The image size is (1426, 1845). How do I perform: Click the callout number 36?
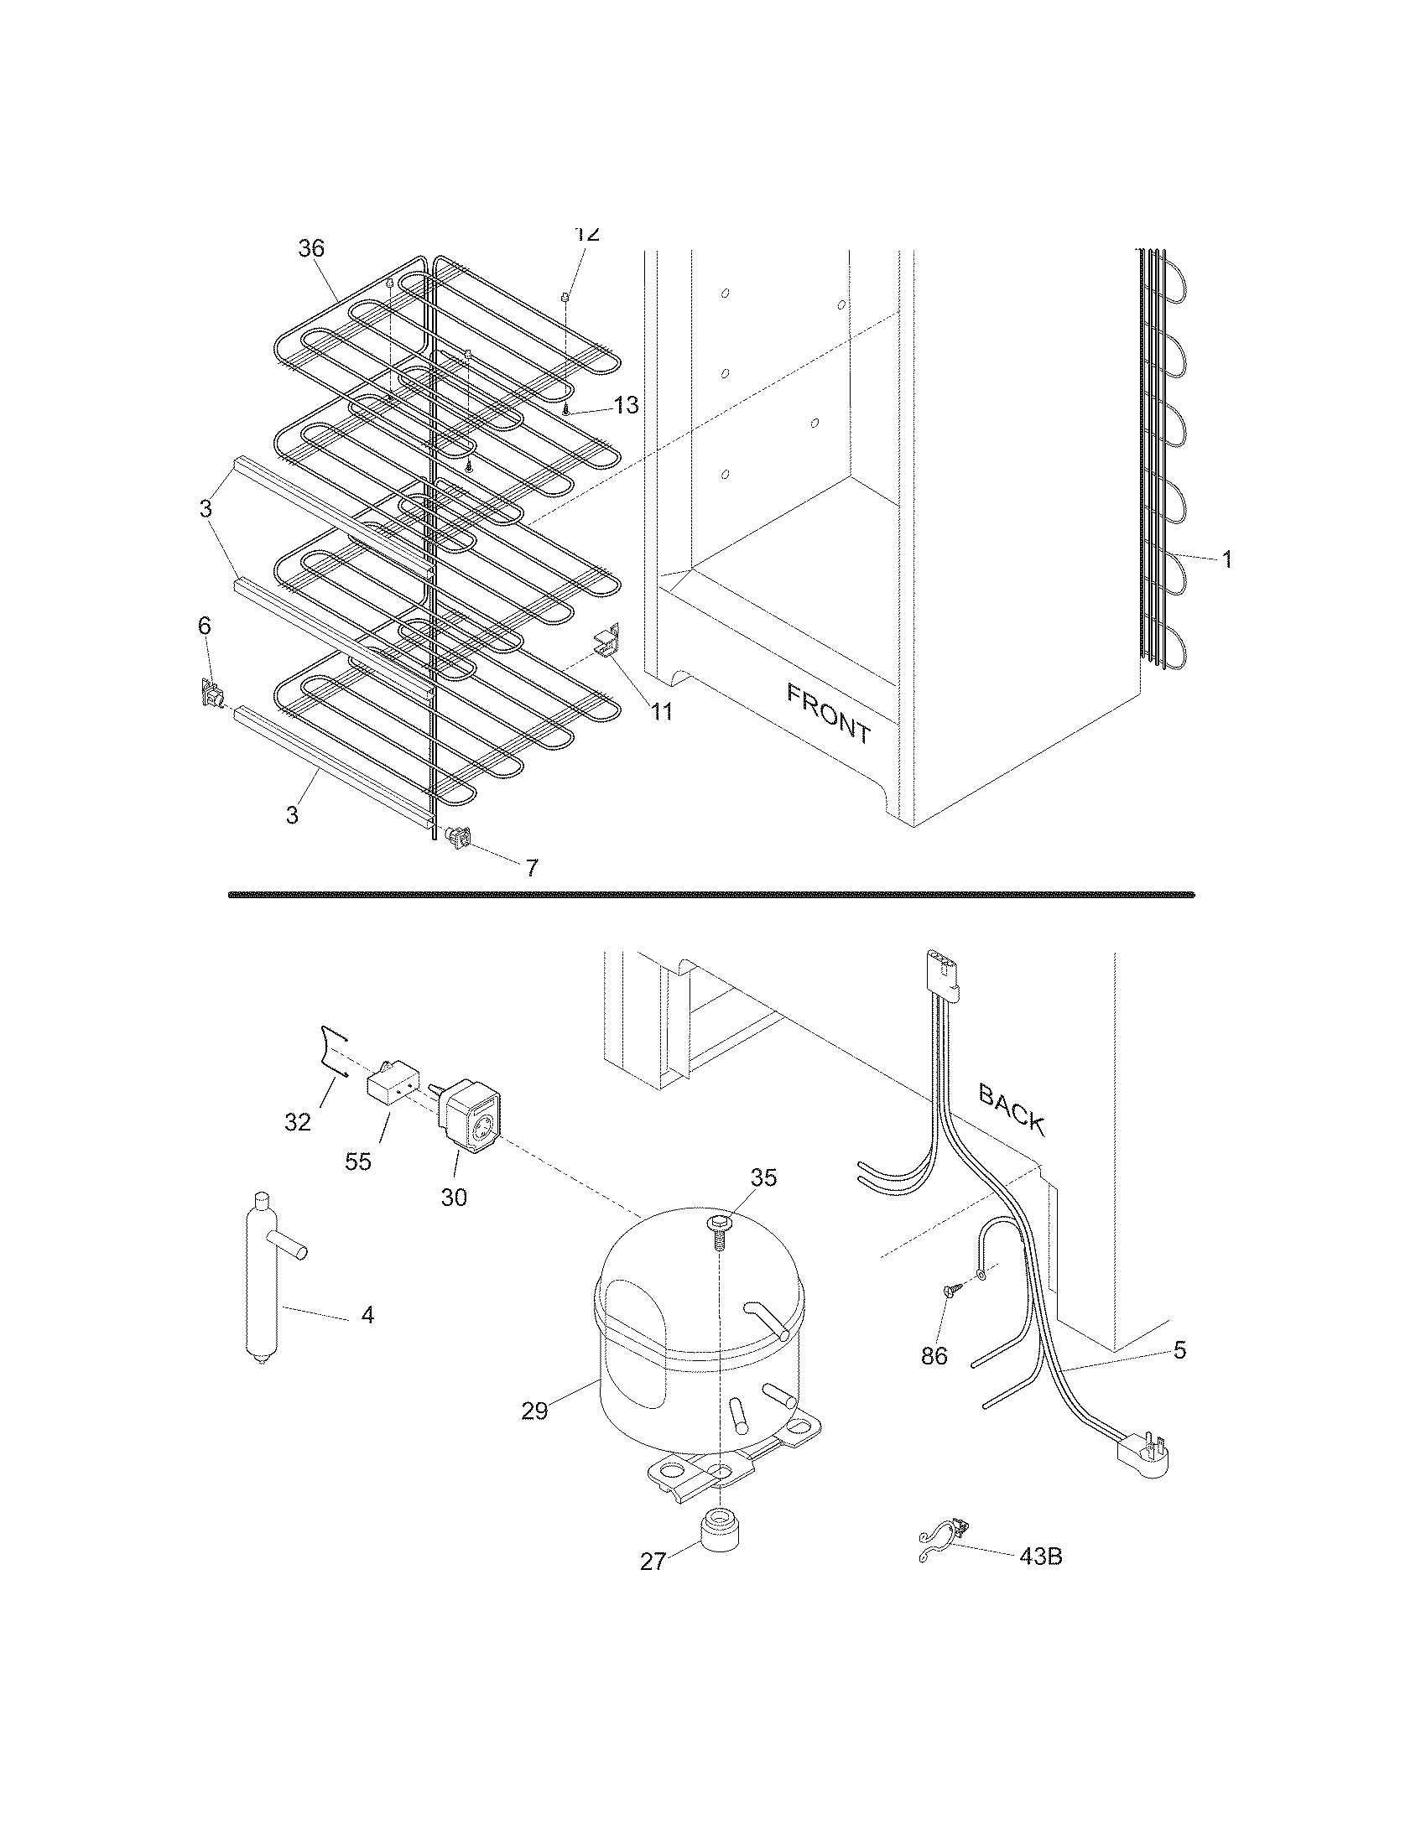(311, 248)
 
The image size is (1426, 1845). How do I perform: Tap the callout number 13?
(626, 406)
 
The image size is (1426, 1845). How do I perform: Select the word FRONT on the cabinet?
(829, 714)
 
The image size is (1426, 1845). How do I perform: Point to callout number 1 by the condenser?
(1226, 559)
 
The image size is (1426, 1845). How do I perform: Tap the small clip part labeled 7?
(459, 838)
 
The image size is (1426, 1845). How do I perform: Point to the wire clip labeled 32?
(333, 1051)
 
